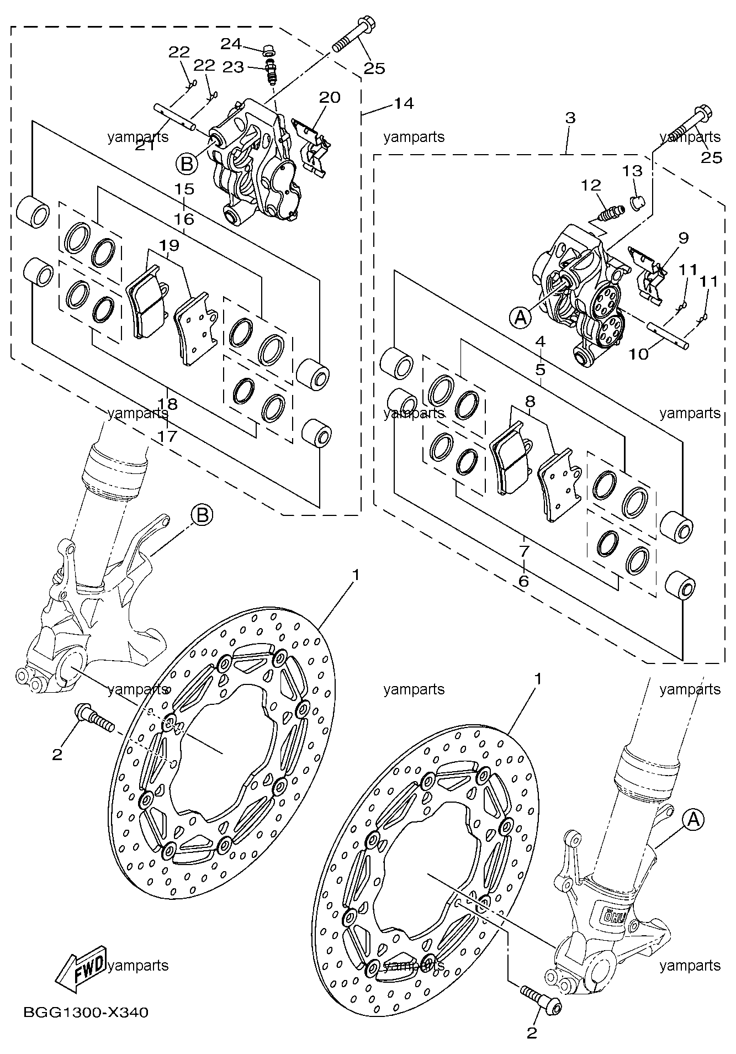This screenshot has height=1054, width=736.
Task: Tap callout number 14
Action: tap(404, 103)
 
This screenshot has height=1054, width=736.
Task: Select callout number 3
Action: tap(570, 118)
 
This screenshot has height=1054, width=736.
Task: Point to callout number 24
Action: tap(232, 43)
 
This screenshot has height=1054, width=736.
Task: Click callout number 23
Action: tap(233, 67)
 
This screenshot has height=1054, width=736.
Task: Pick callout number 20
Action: tap(330, 97)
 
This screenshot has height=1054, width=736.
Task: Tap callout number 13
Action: tap(633, 171)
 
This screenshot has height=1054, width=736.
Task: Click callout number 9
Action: tap(684, 238)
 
